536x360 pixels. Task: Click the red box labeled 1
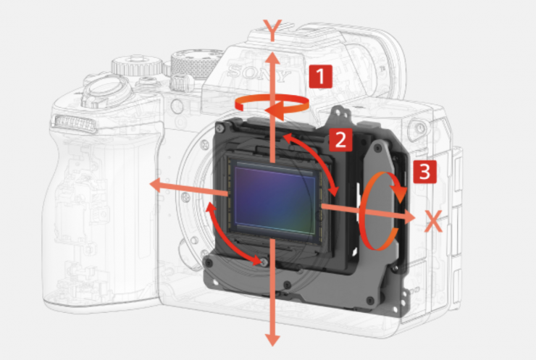[320, 76]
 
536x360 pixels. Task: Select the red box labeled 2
[340, 140]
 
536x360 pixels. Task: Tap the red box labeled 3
[424, 172]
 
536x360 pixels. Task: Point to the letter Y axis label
[272, 30]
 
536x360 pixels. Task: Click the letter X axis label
[433, 221]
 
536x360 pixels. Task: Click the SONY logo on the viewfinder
[259, 73]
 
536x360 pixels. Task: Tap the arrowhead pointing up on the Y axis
[272, 59]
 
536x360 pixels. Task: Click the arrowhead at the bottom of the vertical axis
[272, 340]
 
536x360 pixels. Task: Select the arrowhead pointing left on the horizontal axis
[156, 185]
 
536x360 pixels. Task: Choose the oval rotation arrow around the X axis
[381, 211]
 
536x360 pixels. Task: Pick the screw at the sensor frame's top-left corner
[220, 128]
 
